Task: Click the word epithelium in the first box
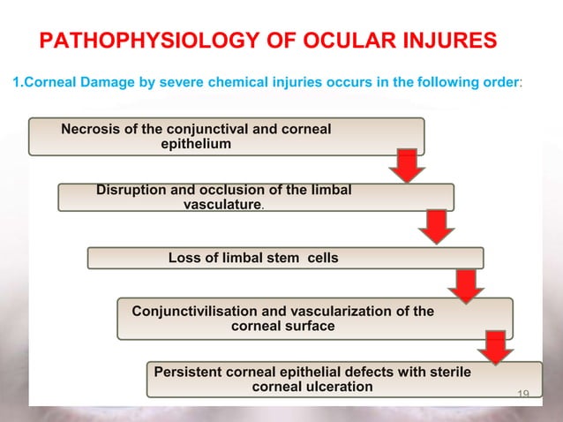click(196, 144)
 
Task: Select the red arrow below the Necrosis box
click(407, 166)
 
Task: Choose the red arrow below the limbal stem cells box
click(465, 284)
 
